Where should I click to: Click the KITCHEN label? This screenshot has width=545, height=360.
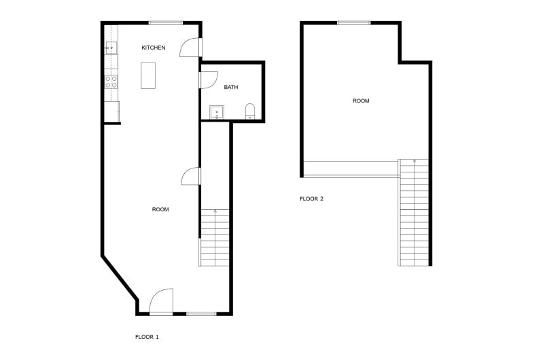click(x=153, y=48)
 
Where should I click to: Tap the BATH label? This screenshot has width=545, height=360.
click(x=231, y=87)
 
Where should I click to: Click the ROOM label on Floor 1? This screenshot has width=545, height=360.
click(x=160, y=209)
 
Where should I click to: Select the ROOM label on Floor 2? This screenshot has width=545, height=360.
click(x=361, y=101)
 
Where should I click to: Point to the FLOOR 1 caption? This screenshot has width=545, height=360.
click(x=147, y=336)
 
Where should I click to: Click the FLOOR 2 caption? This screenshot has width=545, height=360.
click(x=312, y=199)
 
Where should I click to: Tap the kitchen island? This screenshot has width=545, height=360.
click(x=148, y=75)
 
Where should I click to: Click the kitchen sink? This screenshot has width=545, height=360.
click(x=111, y=48)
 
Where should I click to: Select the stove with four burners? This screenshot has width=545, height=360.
click(x=111, y=82)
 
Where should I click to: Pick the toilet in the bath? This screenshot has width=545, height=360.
click(x=250, y=111)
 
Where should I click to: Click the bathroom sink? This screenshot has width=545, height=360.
click(x=217, y=112)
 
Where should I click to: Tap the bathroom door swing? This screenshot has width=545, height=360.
click(x=205, y=79)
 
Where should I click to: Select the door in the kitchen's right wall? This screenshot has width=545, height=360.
click(x=191, y=47)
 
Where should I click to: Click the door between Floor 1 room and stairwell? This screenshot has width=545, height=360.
click(x=192, y=176)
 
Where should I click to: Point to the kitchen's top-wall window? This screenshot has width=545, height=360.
click(x=165, y=23)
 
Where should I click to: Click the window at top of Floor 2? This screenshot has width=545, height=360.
click(x=354, y=23)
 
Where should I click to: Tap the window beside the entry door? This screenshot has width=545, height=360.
click(x=201, y=313)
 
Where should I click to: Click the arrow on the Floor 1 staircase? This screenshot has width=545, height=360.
click(x=215, y=212)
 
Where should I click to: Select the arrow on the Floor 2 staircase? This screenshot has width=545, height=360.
click(x=415, y=162)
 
